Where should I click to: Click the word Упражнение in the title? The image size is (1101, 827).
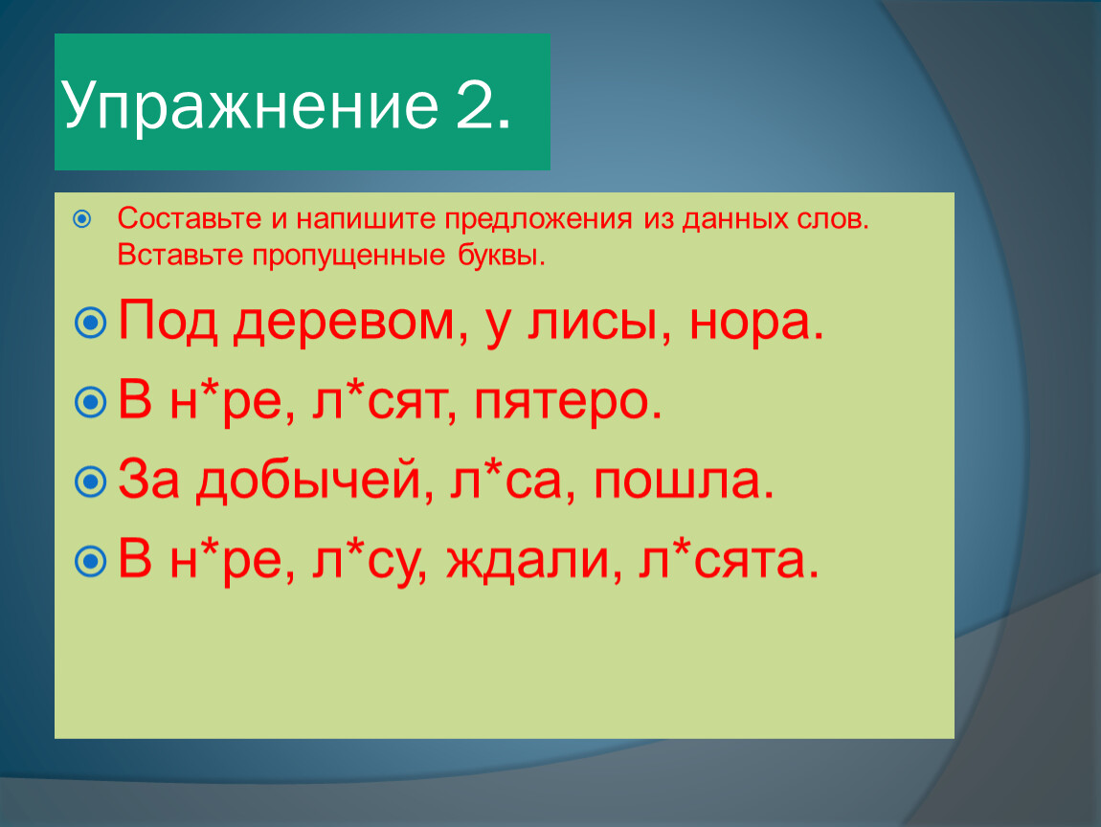tap(250, 105)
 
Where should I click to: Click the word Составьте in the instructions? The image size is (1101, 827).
tap(190, 218)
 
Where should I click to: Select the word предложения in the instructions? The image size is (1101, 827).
tap(539, 220)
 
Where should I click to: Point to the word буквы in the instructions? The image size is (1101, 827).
tap(502, 255)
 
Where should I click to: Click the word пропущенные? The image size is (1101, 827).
tap(349, 256)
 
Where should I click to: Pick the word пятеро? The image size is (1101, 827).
tap(568, 403)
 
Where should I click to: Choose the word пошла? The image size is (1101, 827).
tap(684, 481)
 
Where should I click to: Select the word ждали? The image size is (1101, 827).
tap(533, 561)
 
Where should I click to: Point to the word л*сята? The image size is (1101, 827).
tap(729, 560)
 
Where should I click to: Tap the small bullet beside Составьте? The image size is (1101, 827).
tap(82, 219)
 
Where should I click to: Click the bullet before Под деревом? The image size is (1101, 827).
tap(91, 323)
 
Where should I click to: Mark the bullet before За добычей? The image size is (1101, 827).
tap(91, 481)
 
